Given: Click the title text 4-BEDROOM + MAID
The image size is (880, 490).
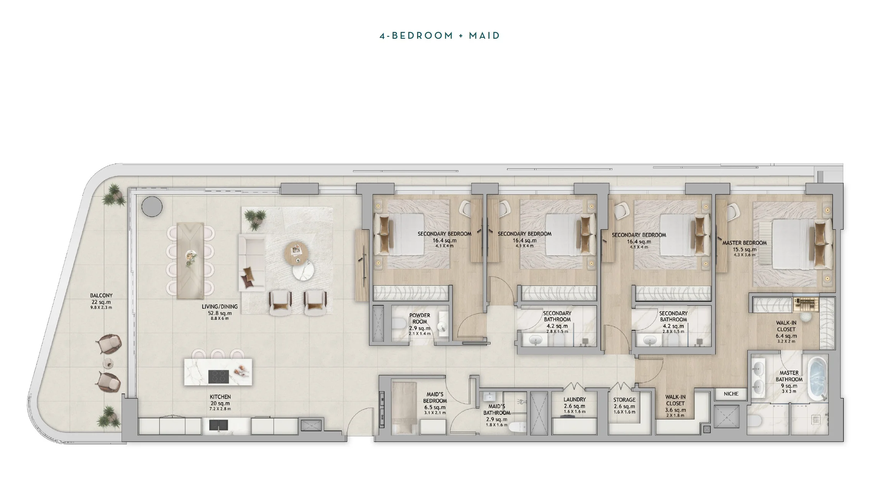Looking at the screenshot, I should click(x=440, y=36).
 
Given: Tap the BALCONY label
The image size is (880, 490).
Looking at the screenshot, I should click(x=101, y=296).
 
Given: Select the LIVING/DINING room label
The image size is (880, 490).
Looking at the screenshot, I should click(x=220, y=307).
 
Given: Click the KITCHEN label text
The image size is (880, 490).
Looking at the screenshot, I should click(x=220, y=397).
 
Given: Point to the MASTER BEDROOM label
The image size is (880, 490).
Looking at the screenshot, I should click(x=744, y=243).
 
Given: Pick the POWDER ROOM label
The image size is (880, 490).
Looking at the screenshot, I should click(x=420, y=318).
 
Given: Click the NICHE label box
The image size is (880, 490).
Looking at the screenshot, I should click(x=731, y=394).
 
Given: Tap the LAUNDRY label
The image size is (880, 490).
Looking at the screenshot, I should click(x=574, y=400).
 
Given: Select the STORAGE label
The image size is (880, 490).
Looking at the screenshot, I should click(x=624, y=400).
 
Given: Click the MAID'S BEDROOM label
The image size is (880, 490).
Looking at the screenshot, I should click(x=435, y=397).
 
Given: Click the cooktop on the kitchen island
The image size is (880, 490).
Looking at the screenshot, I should click(x=218, y=376).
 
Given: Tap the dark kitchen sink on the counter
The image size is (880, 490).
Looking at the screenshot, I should click(x=218, y=425).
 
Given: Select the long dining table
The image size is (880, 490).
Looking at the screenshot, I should click(x=190, y=260).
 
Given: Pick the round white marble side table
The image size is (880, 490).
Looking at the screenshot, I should click(x=303, y=271).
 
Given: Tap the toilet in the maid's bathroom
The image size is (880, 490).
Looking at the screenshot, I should click(x=519, y=427).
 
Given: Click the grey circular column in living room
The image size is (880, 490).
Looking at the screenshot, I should click(x=152, y=207).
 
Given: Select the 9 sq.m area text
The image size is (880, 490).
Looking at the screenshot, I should click(x=789, y=386).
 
